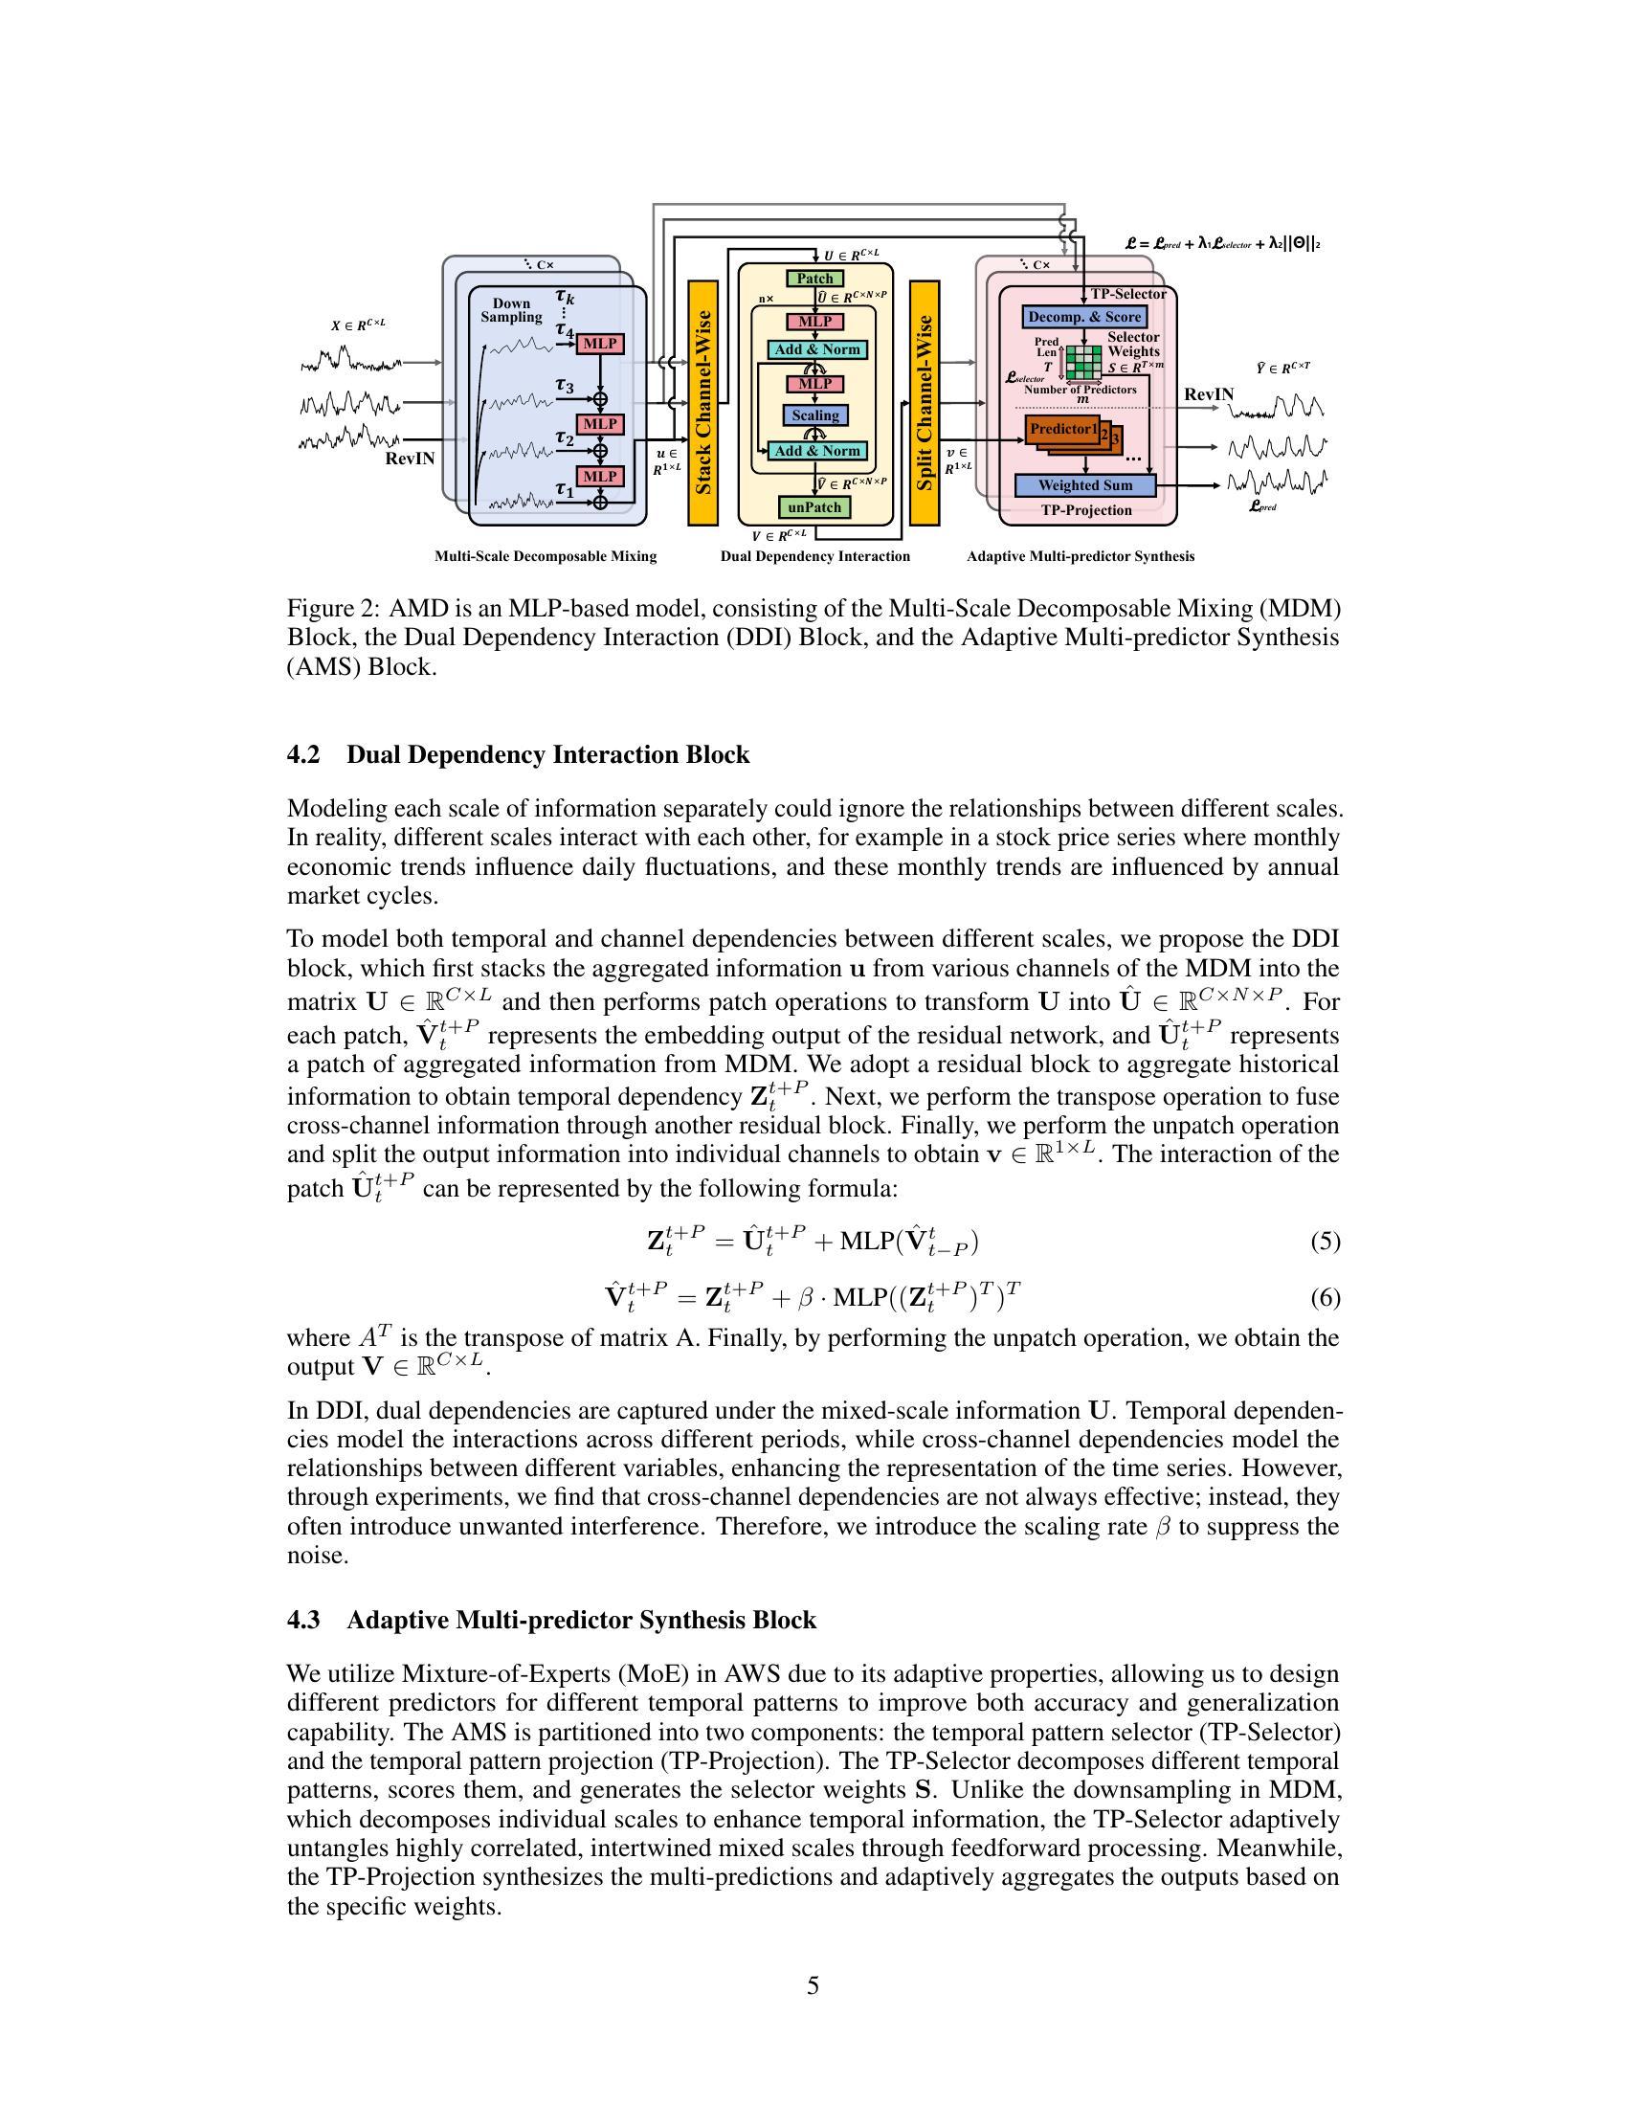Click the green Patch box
(814, 279)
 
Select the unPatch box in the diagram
(814, 507)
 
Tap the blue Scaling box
(815, 415)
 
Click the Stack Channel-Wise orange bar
(702, 403)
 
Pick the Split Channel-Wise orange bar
(925, 403)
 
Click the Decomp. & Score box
(1084, 317)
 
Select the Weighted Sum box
(1084, 485)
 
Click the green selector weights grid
(1083, 365)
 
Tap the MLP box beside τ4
(599, 345)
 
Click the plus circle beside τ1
(600, 502)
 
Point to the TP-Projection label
(1086, 510)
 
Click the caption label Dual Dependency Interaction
(815, 556)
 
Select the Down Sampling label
(512, 309)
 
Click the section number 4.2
(303, 755)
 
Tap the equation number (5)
(1325, 1241)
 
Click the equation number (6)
(1325, 1299)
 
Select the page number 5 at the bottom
(813, 1985)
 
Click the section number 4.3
(303, 1620)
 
